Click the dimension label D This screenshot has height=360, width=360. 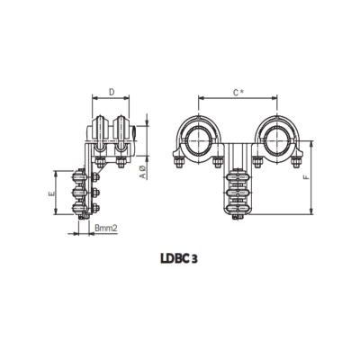[x=111, y=91]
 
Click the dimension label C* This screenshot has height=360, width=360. [x=237, y=91]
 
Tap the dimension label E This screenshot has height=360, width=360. [x=52, y=193]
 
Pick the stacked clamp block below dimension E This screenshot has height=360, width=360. [x=82, y=193]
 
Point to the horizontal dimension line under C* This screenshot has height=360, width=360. [x=237, y=100]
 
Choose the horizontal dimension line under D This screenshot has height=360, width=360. [x=111, y=100]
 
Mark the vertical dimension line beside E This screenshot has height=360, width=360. [x=60, y=193]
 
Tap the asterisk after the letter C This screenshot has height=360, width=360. [x=243, y=90]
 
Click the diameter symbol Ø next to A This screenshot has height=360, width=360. [x=143, y=168]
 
